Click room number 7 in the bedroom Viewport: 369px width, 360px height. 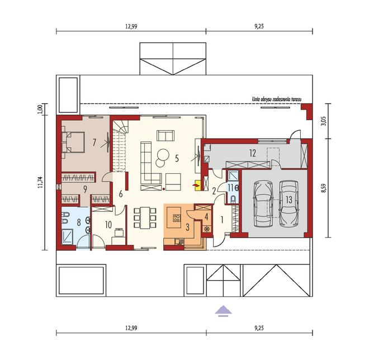point(94,143)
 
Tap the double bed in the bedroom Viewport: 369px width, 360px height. point(73,143)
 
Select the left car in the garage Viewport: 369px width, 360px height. point(261,204)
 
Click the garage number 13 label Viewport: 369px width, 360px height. point(288,200)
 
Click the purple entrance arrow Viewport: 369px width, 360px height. point(223,311)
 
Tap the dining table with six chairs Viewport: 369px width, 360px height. point(145,217)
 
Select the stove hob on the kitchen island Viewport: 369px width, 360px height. point(177,218)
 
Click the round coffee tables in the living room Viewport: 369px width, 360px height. point(162,158)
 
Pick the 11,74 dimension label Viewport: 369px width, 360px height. point(41,182)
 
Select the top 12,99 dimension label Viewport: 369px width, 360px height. point(131,26)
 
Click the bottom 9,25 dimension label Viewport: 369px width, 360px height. point(259,328)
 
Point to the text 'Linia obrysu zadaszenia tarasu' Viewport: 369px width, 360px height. point(277,100)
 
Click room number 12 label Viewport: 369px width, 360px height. point(252,153)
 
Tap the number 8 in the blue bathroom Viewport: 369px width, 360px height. point(79,222)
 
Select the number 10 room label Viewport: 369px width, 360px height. point(108,225)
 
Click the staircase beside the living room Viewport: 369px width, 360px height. point(120,146)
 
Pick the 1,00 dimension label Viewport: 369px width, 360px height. point(41,109)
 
